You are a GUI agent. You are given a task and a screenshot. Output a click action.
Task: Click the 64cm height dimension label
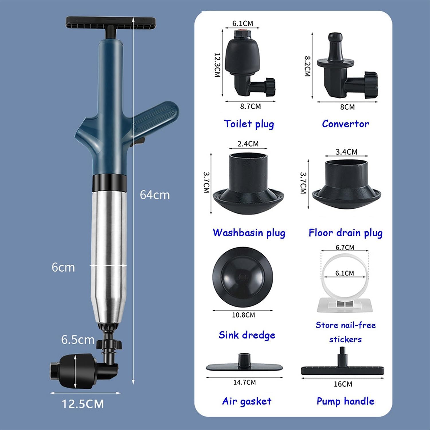[155, 195]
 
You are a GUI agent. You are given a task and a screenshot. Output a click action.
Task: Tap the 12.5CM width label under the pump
[83, 404]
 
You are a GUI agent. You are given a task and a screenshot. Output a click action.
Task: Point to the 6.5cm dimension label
[78, 340]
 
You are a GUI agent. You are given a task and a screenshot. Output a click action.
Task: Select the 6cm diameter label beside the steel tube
[63, 267]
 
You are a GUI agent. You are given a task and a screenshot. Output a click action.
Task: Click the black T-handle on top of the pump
[111, 24]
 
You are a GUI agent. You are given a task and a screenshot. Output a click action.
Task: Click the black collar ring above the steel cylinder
[110, 183]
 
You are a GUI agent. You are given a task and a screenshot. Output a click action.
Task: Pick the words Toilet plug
[249, 124]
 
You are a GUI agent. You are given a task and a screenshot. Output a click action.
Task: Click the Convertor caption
[345, 124]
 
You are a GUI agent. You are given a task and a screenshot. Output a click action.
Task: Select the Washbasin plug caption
[249, 232]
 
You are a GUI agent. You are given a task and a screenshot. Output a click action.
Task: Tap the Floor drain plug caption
[345, 232]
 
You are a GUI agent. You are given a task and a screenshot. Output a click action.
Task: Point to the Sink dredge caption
[247, 335]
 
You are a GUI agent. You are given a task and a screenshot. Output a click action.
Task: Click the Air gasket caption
[247, 401]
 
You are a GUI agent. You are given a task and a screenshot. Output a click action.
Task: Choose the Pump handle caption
[345, 401]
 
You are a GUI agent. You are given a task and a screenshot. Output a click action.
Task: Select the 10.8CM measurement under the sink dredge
[243, 315]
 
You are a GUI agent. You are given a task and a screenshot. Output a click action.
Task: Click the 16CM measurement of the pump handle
[343, 384]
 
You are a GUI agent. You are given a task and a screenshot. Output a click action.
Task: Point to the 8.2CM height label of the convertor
[307, 66]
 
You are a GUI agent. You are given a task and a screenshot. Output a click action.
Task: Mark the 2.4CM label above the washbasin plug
[248, 144]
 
